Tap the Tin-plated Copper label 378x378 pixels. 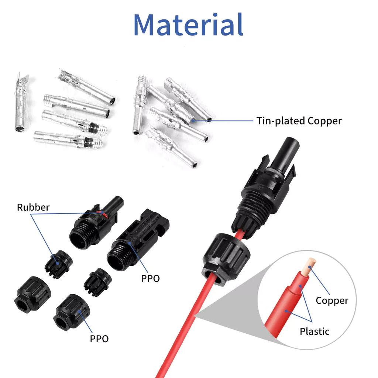point(299,121)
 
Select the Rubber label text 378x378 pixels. point(33,207)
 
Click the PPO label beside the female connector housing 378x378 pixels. point(151,278)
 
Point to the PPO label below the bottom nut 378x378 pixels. point(99,338)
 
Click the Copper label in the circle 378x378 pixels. point(331,300)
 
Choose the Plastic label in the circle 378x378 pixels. point(315,331)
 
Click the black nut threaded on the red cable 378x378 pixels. point(226,258)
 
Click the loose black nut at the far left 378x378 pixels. point(32,295)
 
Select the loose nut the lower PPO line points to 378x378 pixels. point(71,312)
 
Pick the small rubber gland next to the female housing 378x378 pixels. point(97,282)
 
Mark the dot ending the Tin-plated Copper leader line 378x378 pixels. point(193,120)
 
